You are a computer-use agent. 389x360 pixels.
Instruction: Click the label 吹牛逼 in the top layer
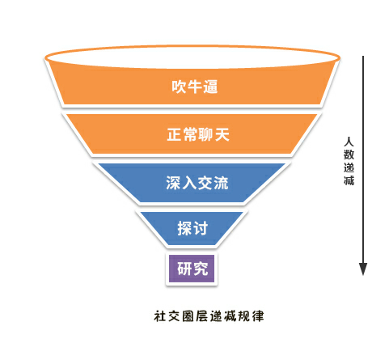coord(195,87)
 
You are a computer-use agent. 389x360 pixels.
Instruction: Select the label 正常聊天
coord(198,134)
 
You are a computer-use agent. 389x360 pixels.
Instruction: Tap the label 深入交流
coord(197,183)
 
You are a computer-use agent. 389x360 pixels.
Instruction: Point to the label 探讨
coord(192,228)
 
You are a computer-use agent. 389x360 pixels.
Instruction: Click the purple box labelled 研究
coord(192,269)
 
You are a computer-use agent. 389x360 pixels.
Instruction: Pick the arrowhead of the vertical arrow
coord(363,269)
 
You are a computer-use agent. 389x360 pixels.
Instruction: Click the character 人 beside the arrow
coord(349,142)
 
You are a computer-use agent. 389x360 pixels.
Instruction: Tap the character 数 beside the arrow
coord(349,155)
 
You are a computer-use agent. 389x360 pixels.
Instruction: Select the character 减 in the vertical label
coord(349,180)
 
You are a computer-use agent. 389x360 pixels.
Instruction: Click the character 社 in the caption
coord(160,316)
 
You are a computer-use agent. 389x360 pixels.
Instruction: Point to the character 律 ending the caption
coord(258,316)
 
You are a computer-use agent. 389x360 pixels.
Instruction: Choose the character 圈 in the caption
coord(188,316)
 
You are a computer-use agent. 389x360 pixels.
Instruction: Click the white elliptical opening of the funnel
coord(192,57)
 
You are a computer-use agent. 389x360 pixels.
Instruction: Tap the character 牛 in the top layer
coord(195,87)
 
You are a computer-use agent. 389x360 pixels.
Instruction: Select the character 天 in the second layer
coord(222,134)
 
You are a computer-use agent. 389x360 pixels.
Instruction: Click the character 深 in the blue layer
coord(173,183)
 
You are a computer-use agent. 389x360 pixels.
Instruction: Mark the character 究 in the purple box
coord(201,269)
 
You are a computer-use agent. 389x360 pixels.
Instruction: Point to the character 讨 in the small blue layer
coord(201,228)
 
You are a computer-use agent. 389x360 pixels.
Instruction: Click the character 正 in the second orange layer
coord(175,134)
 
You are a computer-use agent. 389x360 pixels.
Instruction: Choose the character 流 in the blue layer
coord(221,183)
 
